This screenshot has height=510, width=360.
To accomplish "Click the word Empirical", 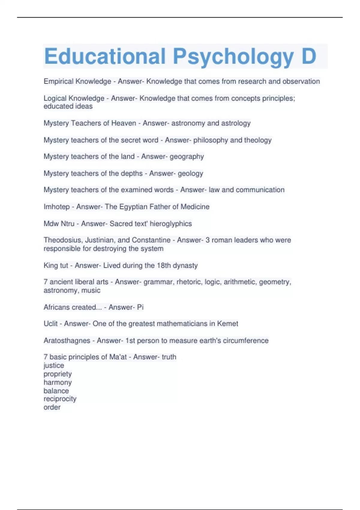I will [x=58, y=81].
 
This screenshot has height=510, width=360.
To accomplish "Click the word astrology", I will [x=235, y=123].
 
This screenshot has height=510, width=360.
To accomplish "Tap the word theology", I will [x=258, y=140].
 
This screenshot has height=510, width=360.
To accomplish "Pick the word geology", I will [x=190, y=173].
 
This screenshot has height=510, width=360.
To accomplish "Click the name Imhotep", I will [x=56, y=207].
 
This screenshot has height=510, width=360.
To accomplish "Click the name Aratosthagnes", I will [x=67, y=340].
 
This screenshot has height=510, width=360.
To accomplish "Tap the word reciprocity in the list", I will [x=60, y=399].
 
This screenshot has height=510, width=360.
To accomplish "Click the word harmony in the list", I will [x=58, y=382].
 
